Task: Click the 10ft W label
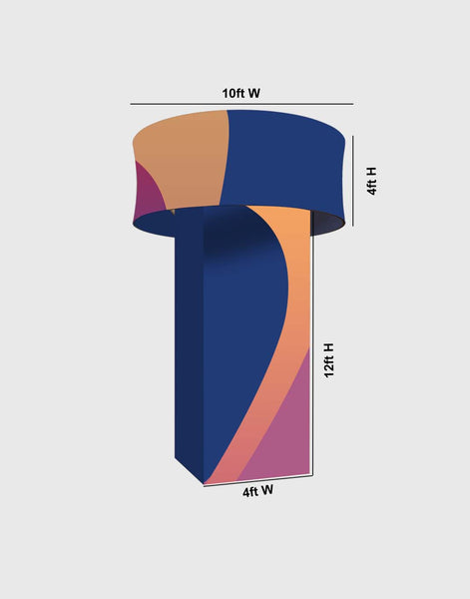(x=240, y=93)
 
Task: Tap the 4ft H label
(x=371, y=181)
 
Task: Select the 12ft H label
(x=328, y=361)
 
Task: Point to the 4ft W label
(x=258, y=490)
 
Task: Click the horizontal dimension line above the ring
(x=240, y=104)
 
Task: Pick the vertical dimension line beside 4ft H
(x=356, y=180)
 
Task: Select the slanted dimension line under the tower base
(x=257, y=479)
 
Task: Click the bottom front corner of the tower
(x=204, y=484)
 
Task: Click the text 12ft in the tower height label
(x=328, y=369)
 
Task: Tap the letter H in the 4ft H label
(x=371, y=171)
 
